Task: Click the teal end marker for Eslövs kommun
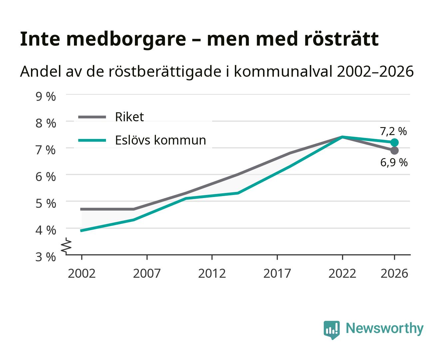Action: tap(394, 143)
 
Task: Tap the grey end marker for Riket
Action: tap(394, 151)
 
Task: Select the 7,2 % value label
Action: tap(393, 131)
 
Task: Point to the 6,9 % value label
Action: tap(394, 162)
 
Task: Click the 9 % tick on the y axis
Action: tap(46, 97)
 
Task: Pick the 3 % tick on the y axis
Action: tap(46, 257)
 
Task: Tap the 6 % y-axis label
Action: tap(46, 177)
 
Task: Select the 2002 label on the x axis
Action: tap(82, 273)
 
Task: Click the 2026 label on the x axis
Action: tap(394, 273)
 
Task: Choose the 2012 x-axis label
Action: tap(212, 273)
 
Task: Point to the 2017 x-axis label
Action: tap(277, 273)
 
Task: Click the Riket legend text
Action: tap(130, 117)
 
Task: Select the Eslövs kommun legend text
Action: tap(161, 140)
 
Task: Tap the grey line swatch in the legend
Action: tap(92, 117)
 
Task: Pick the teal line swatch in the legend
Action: tap(92, 140)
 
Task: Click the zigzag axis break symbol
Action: tap(66, 246)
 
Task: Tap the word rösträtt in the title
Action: tap(341, 39)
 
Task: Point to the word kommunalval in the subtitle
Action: tap(283, 71)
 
